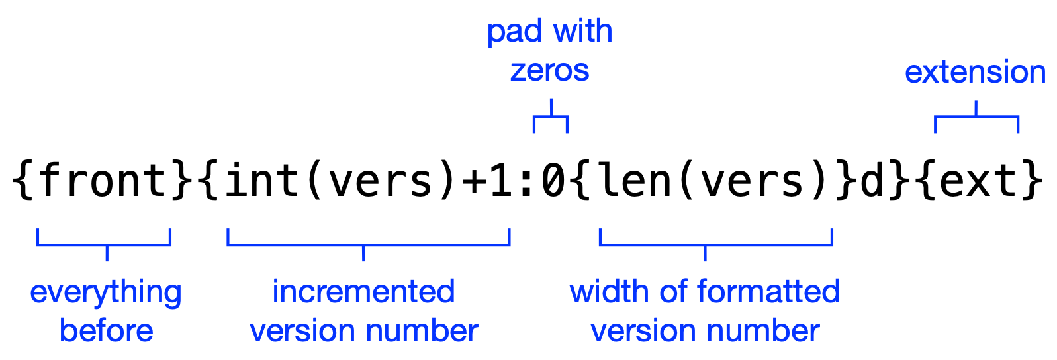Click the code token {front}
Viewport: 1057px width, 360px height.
[103, 181]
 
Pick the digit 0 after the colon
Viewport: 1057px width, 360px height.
[552, 181]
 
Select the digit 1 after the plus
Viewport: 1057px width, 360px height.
[500, 181]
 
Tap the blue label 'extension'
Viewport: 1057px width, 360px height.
[975, 72]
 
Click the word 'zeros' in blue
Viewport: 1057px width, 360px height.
[549, 71]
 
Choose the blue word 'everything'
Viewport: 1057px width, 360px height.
[106, 292]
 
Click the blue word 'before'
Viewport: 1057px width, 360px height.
[106, 330]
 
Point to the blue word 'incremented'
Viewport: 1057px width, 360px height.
[363, 292]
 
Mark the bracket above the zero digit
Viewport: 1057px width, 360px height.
[551, 118]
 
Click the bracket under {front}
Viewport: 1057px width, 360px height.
[104, 244]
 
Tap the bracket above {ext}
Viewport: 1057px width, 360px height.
[976, 117]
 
